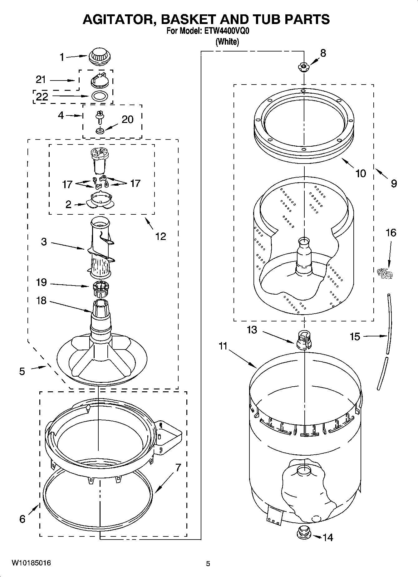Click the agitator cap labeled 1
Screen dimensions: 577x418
coord(100,57)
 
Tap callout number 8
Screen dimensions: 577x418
coord(323,53)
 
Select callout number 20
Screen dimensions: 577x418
coord(127,120)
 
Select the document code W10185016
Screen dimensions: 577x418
coord(31,563)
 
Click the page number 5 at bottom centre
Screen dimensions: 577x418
coord(208,564)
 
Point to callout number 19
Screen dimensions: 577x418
coord(41,282)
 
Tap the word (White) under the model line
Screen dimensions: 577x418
coord(227,42)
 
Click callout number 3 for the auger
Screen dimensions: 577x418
coord(44,242)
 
